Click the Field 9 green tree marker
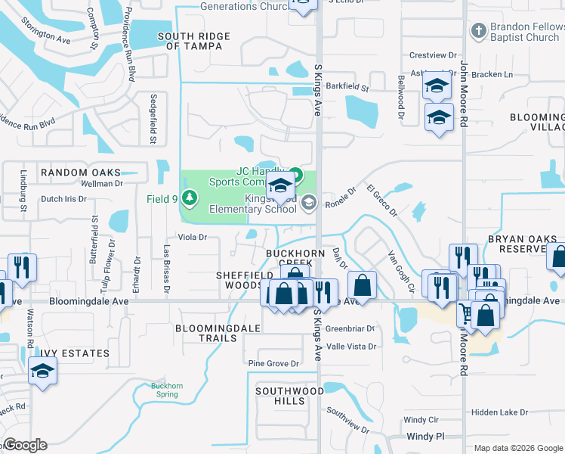click(x=190, y=200)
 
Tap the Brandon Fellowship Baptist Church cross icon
click(x=477, y=31)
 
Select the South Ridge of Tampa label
click(x=190, y=41)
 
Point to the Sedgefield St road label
click(x=153, y=118)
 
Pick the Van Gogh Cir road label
click(x=402, y=272)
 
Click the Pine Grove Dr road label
click(x=273, y=364)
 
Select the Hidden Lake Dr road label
click(x=499, y=412)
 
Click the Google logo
click(x=25, y=445)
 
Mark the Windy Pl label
click(x=425, y=437)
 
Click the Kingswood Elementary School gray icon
click(x=307, y=202)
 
